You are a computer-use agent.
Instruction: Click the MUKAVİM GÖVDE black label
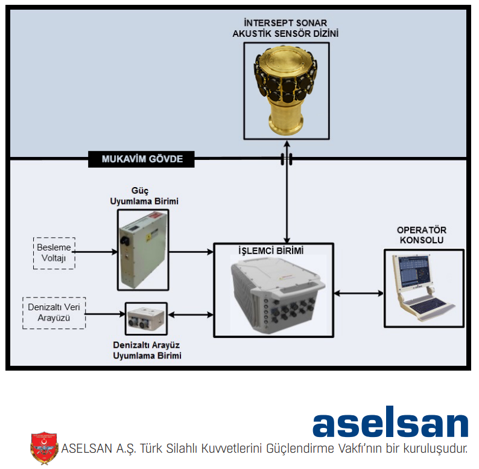tap(141, 159)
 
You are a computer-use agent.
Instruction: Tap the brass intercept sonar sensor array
tap(286, 91)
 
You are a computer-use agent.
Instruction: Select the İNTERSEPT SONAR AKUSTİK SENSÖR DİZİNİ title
tap(285, 28)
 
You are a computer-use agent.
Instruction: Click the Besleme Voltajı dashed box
tap(54, 253)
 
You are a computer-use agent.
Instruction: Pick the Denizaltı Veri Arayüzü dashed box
tap(54, 313)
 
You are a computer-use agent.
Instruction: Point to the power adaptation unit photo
tap(143, 250)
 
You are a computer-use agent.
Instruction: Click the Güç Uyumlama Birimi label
tap(144, 196)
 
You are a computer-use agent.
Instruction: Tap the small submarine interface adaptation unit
tap(146, 319)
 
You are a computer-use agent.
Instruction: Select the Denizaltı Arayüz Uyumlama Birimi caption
tap(147, 350)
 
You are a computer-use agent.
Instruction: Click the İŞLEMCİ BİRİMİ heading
tap(271, 250)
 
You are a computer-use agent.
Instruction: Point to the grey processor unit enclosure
tap(278, 295)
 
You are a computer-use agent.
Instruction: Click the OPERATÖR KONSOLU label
tap(422, 235)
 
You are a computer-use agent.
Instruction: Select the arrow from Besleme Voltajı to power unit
tap(95, 252)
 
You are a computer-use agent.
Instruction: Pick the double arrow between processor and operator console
tap(358, 293)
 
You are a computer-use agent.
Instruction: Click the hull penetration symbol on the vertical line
tap(287, 159)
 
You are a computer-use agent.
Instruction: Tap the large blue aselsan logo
tap(390, 421)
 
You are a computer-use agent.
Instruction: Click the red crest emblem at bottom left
tap(44, 448)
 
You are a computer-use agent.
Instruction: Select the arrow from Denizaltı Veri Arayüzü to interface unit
tap(105, 314)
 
